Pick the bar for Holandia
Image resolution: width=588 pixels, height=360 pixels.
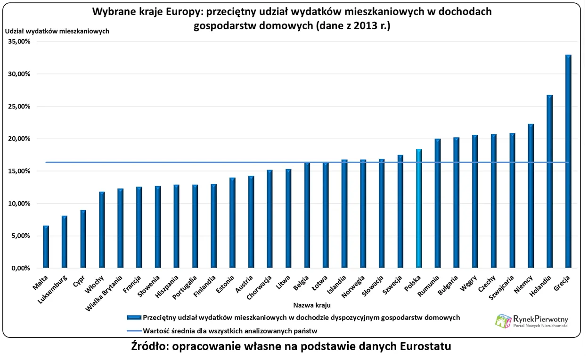[x=549, y=182]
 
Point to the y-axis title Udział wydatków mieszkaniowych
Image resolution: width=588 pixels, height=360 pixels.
[x=57, y=31]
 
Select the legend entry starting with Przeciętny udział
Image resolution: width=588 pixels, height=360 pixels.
[x=301, y=318]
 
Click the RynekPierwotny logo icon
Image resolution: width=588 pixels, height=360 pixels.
[x=503, y=321]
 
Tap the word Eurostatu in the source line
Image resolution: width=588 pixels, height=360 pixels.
[x=425, y=347]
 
